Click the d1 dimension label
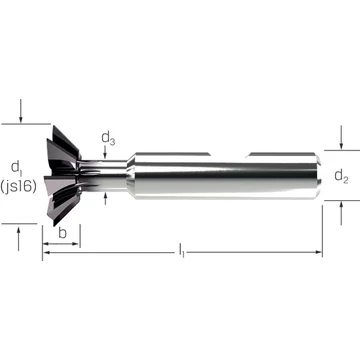(x=16, y=167)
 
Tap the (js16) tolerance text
(x=18, y=187)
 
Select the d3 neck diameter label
(x=108, y=138)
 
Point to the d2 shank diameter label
(x=341, y=176)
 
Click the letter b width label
(x=62, y=233)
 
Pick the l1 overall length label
(x=181, y=251)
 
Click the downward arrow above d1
(x=21, y=111)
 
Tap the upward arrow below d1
(x=18, y=238)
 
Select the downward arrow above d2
(x=341, y=137)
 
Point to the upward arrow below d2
(x=341, y=213)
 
